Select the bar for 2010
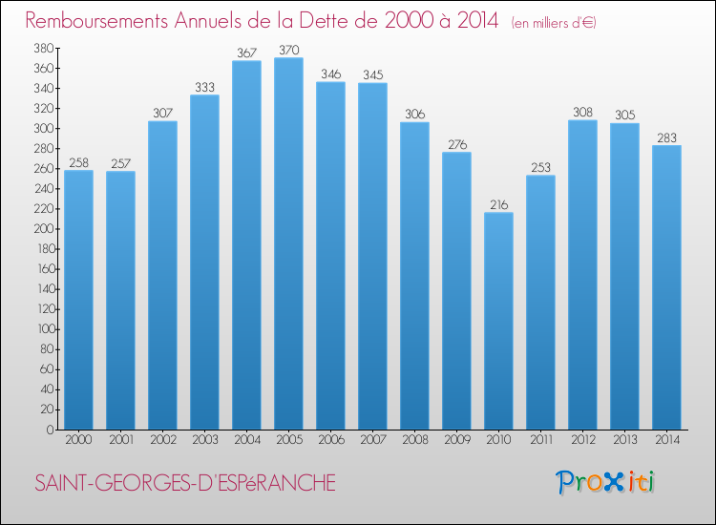pyautogui.click(x=498, y=321)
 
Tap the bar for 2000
pyautogui.click(x=78, y=300)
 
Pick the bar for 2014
pyautogui.click(x=666, y=287)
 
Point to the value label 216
pyautogui.click(x=498, y=203)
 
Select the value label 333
pyautogui.click(x=204, y=86)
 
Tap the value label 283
pyautogui.click(x=666, y=136)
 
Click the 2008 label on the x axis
pyautogui.click(x=414, y=440)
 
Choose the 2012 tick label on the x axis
pyautogui.click(x=582, y=440)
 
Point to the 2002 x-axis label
pyautogui.click(x=162, y=440)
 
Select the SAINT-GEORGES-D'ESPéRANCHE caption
pyautogui.click(x=184, y=483)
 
